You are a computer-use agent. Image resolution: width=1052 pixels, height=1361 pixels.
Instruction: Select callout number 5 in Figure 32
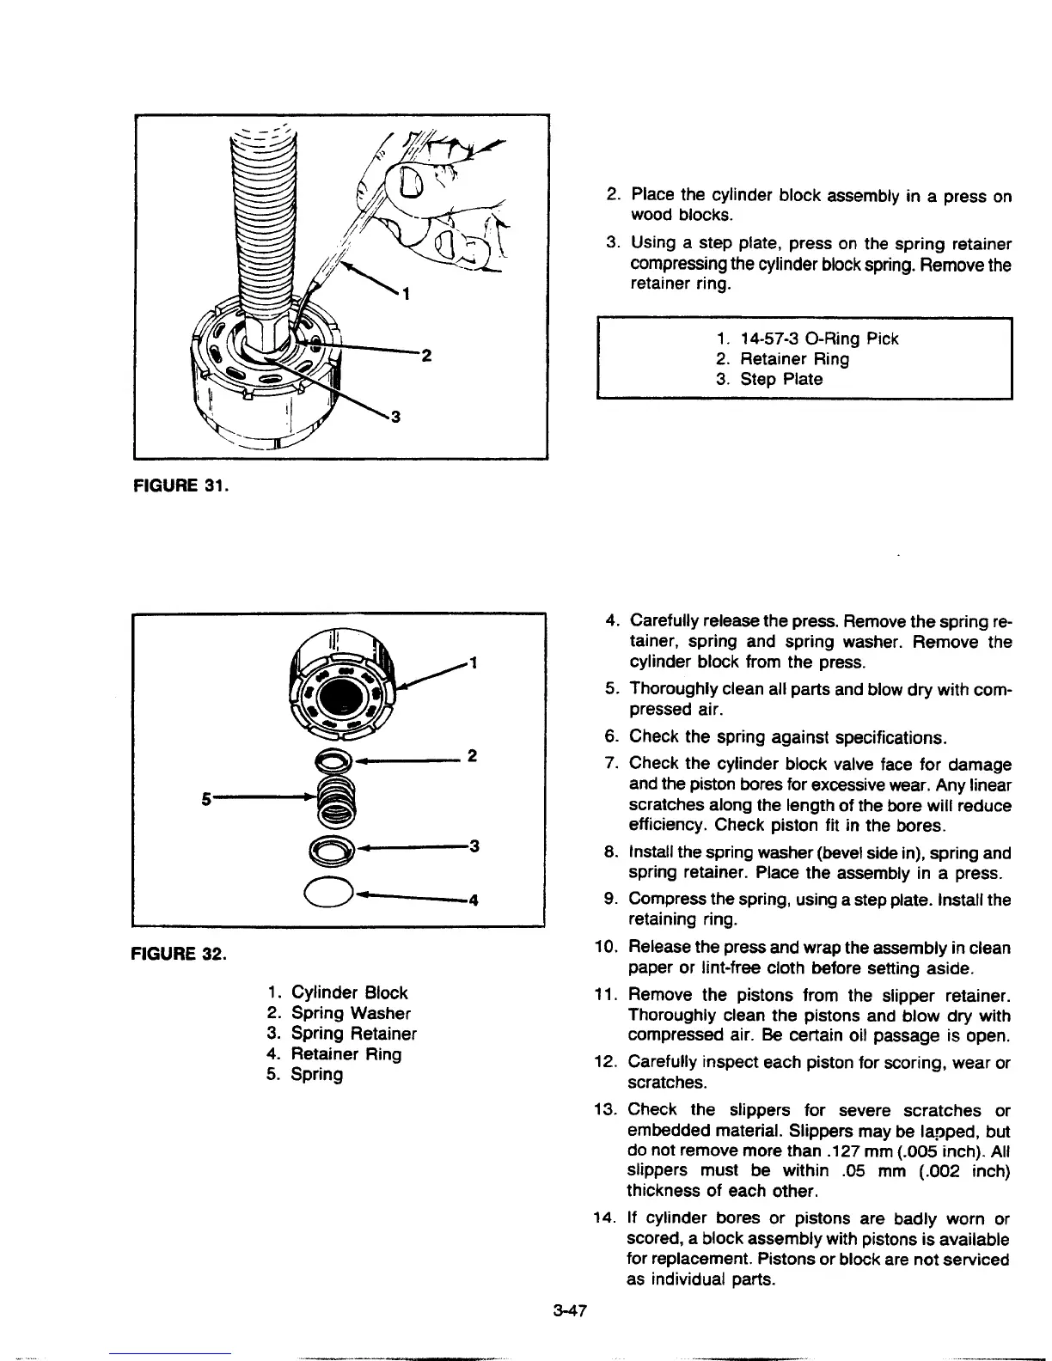[205, 796]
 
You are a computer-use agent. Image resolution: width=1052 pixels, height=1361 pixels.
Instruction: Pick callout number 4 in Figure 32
[472, 900]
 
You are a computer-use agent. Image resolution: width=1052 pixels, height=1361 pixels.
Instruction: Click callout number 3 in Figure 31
[395, 418]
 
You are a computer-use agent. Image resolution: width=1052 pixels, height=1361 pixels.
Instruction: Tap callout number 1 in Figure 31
[407, 295]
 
